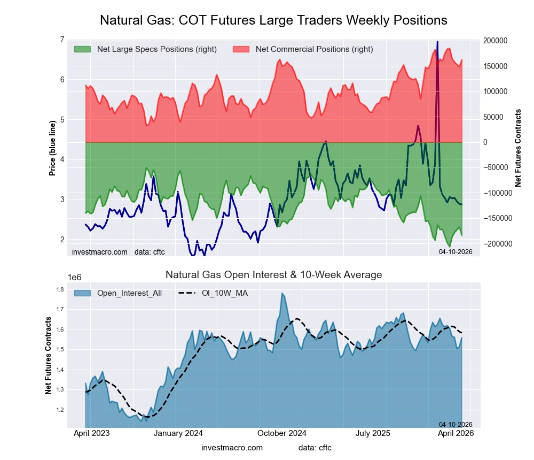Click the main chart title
point(273,20)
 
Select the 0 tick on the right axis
point(485,142)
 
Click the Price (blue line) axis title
point(52,148)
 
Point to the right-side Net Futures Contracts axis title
point(517,148)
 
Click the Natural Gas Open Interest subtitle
point(273,275)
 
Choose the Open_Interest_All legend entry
point(129,293)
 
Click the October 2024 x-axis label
point(281,433)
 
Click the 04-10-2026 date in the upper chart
point(455,251)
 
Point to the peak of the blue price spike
point(437,42)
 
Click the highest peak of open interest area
point(282,293)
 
